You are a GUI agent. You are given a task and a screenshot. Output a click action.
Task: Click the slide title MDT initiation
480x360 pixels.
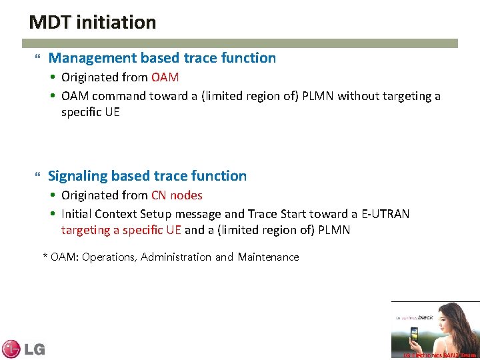pyautogui.click(x=93, y=23)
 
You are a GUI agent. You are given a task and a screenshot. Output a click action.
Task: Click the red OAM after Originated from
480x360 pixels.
pyautogui.click(x=165, y=77)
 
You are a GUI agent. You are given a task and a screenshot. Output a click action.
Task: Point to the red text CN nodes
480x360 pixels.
pyautogui.click(x=177, y=195)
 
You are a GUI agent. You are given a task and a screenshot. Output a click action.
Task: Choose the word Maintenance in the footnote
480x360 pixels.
pyautogui.click(x=268, y=257)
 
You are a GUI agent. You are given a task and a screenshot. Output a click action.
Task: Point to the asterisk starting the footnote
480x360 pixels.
pyautogui.click(x=45, y=256)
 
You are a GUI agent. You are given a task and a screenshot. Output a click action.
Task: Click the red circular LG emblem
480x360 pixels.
pyautogui.click(x=11, y=349)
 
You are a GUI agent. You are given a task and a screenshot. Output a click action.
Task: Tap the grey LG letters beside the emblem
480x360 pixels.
pyautogui.click(x=34, y=349)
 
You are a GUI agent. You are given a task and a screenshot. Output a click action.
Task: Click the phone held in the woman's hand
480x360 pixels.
pyautogui.click(x=414, y=334)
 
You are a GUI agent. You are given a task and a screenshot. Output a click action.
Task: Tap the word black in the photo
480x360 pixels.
pyautogui.click(x=425, y=317)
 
